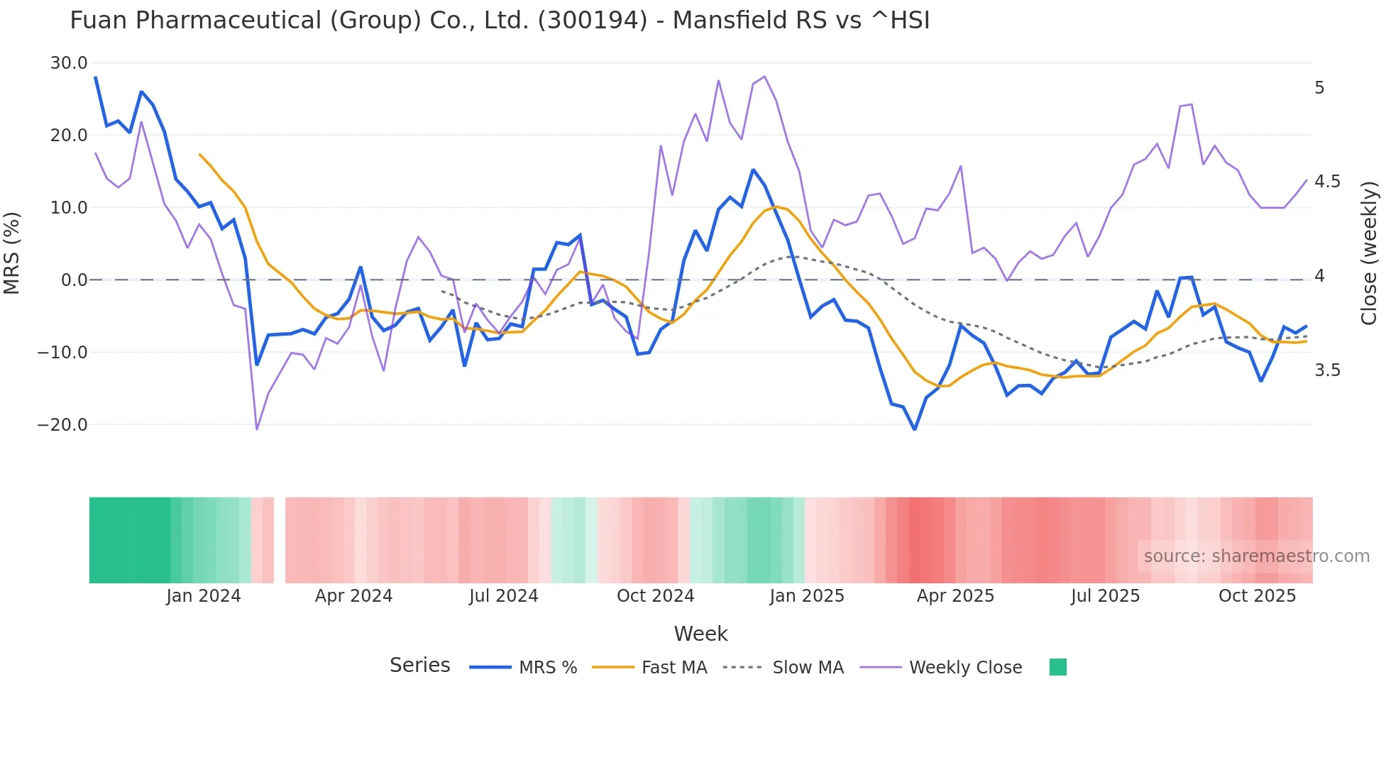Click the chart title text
point(500,21)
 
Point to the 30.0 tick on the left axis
point(69,63)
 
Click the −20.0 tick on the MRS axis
point(62,425)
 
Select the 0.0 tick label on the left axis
point(75,280)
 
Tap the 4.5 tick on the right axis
point(1327,182)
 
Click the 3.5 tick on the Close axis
point(1327,370)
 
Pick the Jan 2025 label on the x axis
point(807,596)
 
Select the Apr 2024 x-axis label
point(353,596)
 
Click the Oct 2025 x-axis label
point(1257,596)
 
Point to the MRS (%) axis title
point(12,253)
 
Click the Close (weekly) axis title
point(1369,253)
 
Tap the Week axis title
point(700,634)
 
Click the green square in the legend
point(1057,667)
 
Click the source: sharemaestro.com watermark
point(1256,556)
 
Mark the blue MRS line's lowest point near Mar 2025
point(915,429)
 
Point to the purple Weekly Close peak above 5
point(764,77)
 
